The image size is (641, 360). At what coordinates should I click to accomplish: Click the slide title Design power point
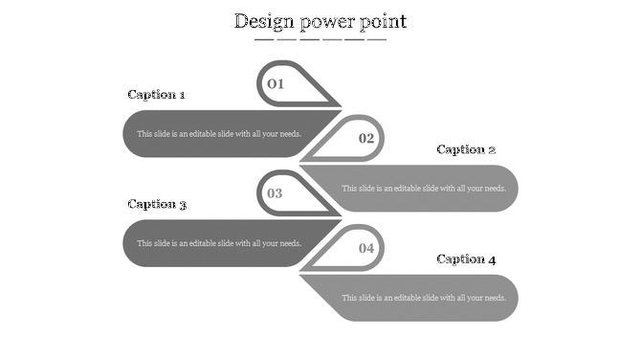pos(320,21)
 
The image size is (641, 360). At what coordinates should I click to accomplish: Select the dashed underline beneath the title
pos(320,40)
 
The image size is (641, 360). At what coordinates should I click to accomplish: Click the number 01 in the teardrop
pos(276,83)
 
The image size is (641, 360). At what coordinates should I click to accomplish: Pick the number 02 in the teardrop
pos(366,138)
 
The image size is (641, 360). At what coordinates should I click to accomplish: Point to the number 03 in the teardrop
pos(275,193)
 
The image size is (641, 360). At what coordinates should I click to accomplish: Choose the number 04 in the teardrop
pos(366,248)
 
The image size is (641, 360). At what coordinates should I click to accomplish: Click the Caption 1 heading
pos(156,95)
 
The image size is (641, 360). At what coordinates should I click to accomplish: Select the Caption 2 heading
pos(466,149)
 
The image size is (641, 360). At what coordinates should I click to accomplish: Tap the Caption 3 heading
pos(157,204)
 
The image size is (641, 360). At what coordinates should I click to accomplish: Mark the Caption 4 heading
pos(466,259)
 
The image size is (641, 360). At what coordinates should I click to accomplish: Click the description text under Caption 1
pos(219,134)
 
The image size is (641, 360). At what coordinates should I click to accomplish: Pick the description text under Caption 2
pos(424,189)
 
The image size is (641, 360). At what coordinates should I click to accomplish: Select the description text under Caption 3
pos(219,243)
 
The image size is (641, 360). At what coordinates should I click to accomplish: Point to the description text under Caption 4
pos(424,298)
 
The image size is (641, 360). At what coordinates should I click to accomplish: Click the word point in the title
pos(383,21)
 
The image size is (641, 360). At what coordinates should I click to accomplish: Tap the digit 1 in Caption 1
pos(182,95)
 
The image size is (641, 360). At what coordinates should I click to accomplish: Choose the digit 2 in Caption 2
pos(492,149)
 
